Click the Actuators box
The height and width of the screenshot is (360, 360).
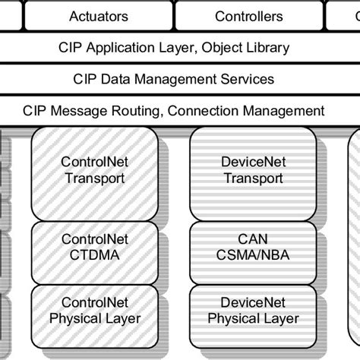pos(98,16)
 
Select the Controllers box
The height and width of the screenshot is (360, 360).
pos(248,16)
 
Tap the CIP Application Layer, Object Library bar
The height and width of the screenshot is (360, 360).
pos(173,48)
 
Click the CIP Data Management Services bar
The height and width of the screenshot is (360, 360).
pos(173,79)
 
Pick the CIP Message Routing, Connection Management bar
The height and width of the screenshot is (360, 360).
pos(173,110)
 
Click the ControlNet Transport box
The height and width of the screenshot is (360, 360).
pos(95,172)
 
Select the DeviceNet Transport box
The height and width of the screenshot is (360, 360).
pos(253,172)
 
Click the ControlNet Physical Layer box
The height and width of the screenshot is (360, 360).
pos(95,312)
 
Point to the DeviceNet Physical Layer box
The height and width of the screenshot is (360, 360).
pos(253,312)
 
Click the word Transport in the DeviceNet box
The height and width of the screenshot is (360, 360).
pos(253,179)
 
